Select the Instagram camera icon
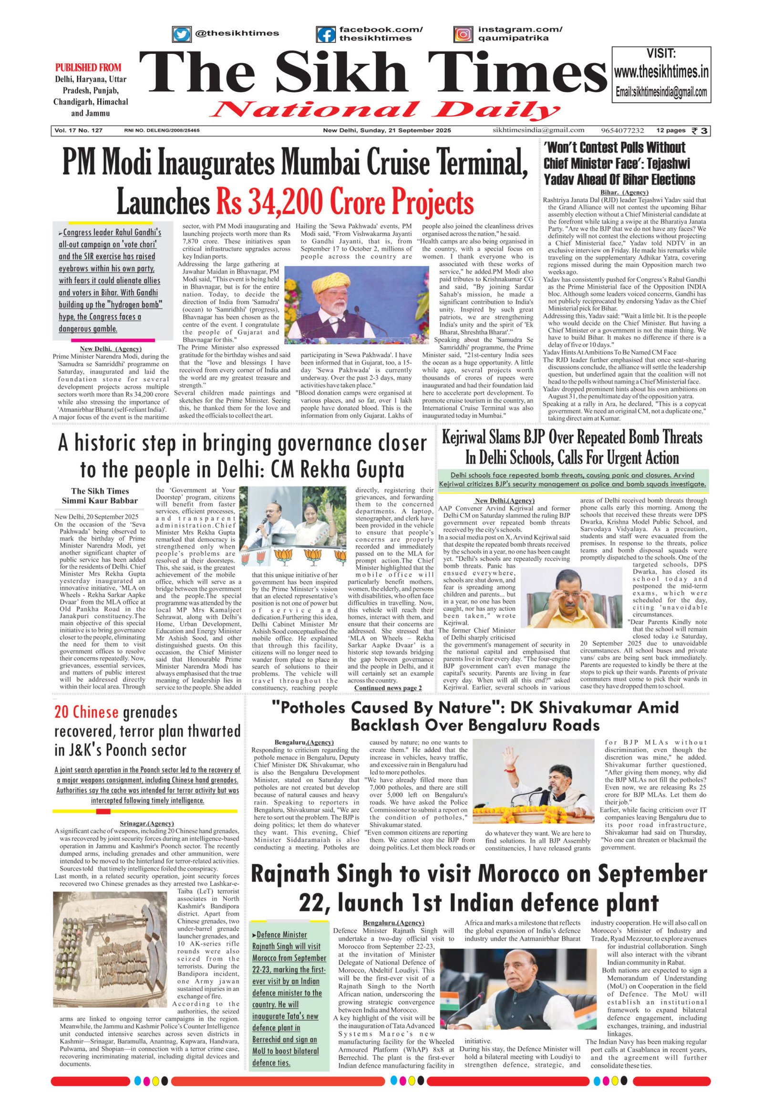[x=462, y=34]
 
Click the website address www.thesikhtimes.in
[x=661, y=72]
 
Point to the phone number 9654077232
[x=622, y=130]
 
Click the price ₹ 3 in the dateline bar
[x=701, y=130]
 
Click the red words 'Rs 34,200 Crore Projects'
[x=344, y=202]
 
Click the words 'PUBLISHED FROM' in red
[x=88, y=67]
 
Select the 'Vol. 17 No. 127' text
[x=79, y=130]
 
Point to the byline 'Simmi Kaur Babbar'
[x=100, y=501]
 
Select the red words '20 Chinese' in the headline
[x=86, y=713]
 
